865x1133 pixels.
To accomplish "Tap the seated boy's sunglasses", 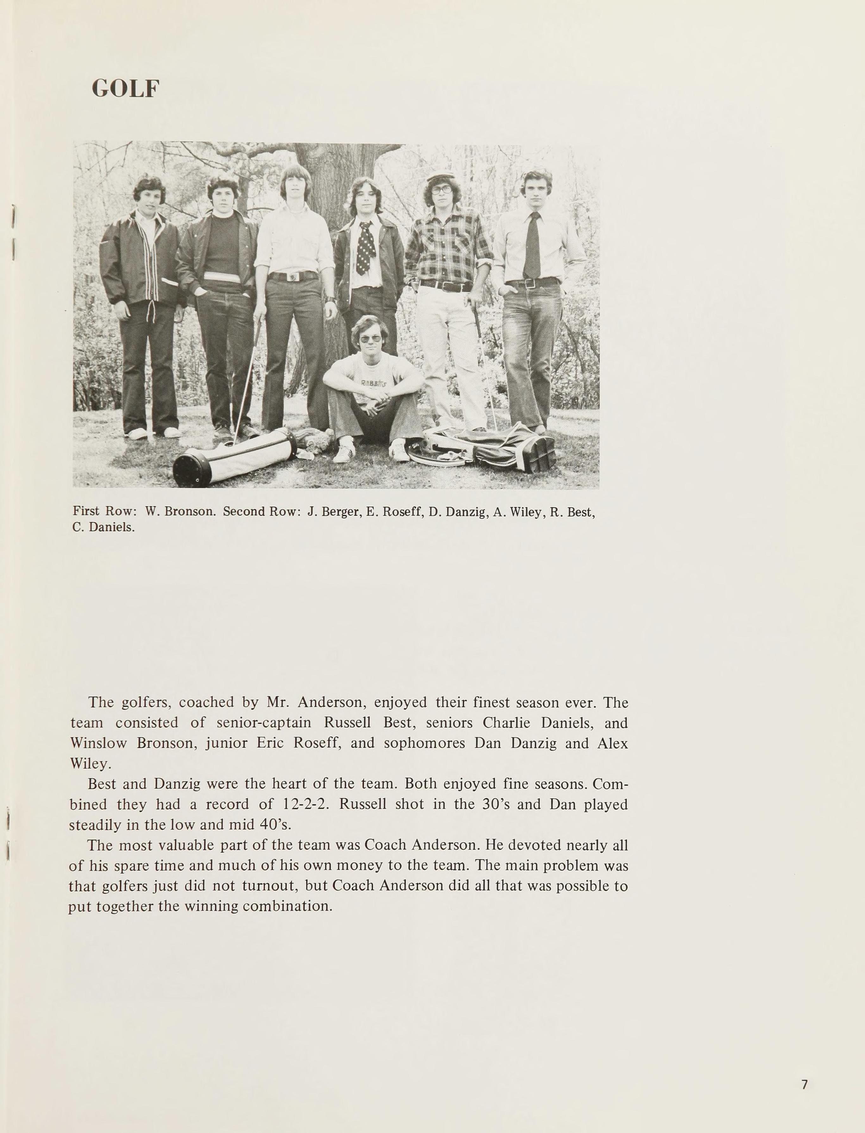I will pos(370,339).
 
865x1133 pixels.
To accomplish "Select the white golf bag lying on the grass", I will pos(234,457).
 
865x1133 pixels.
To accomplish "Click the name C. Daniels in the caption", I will pos(103,527).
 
